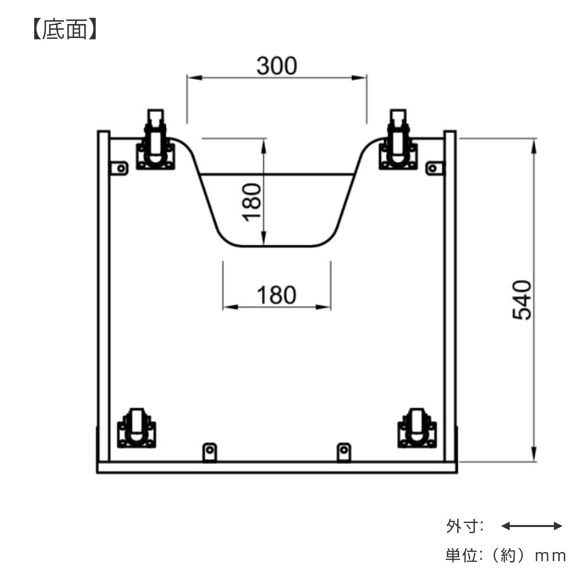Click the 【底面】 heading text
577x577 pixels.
pos(65,29)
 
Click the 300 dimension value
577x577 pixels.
pos(277,66)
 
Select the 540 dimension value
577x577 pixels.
pos(522,300)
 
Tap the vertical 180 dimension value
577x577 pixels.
pos(251,202)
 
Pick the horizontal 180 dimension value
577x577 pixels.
pos(276,295)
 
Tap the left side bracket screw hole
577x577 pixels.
pos(121,168)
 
